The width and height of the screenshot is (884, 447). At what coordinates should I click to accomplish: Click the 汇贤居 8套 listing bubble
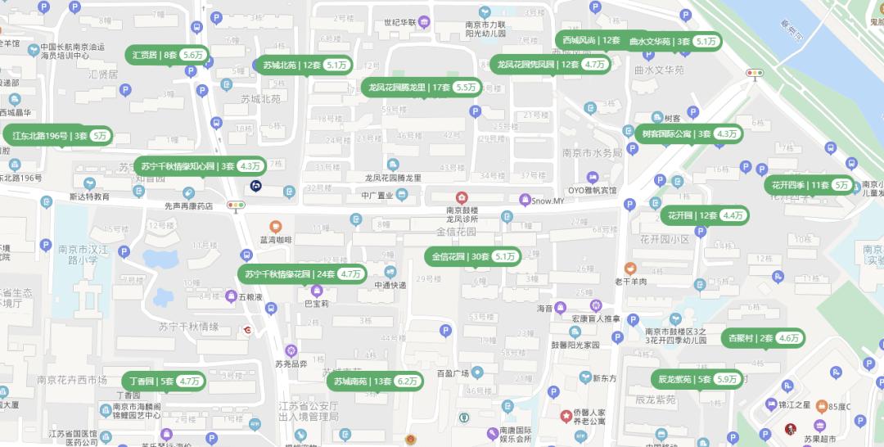pyautogui.click(x=168, y=55)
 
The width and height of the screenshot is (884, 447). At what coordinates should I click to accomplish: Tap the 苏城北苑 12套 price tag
pyautogui.click(x=304, y=65)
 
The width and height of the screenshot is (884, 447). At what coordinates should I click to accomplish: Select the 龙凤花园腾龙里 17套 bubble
pyautogui.click(x=422, y=87)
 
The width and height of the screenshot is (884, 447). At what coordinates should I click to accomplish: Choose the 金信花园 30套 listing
pyautogui.click(x=473, y=256)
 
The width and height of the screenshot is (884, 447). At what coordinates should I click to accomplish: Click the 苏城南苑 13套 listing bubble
pyautogui.click(x=375, y=381)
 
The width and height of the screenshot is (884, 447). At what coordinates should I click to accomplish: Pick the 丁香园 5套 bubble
pyautogui.click(x=164, y=381)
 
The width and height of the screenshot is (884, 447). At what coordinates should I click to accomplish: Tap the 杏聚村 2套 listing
pyautogui.click(x=763, y=337)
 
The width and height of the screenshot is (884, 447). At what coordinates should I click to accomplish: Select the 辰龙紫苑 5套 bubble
pyautogui.click(x=697, y=379)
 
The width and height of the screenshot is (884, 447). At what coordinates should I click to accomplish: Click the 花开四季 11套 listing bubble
pyautogui.click(x=810, y=185)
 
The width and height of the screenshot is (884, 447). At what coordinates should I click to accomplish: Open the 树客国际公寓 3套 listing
pyautogui.click(x=688, y=133)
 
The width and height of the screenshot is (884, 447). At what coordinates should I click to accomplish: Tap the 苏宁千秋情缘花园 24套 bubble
pyautogui.click(x=302, y=273)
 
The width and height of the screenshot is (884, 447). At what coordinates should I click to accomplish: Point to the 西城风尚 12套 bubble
pyautogui.click(x=590, y=40)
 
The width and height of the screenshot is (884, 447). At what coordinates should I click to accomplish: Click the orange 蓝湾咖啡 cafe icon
pyautogui.click(x=276, y=226)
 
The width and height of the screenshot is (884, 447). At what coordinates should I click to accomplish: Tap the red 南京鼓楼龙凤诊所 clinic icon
pyautogui.click(x=462, y=197)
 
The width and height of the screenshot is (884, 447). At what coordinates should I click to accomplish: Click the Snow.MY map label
pyautogui.click(x=548, y=201)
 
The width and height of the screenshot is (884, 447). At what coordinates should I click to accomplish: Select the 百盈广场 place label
pyautogui.click(x=452, y=373)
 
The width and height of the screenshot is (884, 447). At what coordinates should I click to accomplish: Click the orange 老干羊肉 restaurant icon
pyautogui.click(x=629, y=268)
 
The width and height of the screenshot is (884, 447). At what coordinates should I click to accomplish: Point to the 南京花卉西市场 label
pyautogui.click(x=72, y=380)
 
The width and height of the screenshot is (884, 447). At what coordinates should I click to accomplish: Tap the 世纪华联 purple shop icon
pyautogui.click(x=424, y=22)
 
